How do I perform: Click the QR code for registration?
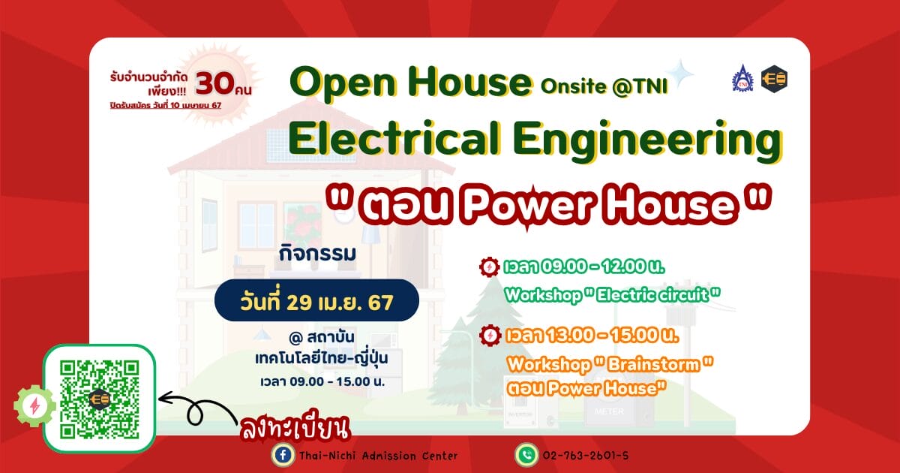click(100, 399)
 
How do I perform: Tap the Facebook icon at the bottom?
click(283, 455)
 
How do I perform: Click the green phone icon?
click(526, 455)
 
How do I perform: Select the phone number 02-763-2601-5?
click(586, 456)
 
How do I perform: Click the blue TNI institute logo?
click(742, 78)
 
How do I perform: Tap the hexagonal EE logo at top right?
click(774, 79)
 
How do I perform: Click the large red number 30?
click(215, 83)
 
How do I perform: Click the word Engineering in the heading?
click(648, 141)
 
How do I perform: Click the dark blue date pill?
click(316, 300)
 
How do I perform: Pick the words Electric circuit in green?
click(652, 295)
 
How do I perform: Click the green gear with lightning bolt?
click(35, 406)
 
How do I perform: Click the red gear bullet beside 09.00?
click(489, 267)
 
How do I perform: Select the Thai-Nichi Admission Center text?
click(378, 456)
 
